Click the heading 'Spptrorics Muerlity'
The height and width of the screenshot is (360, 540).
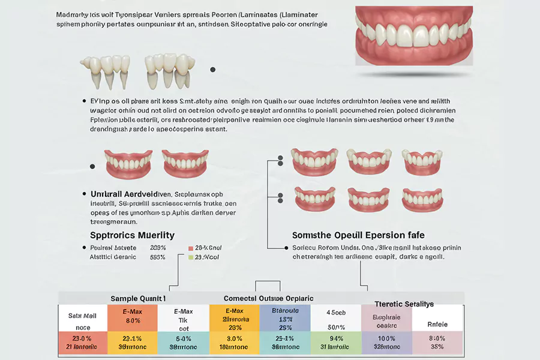(132, 235)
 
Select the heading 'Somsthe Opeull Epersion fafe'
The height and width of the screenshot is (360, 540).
(358, 235)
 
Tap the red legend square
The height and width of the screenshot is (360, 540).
(190, 248)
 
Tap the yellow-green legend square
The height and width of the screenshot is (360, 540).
(190, 257)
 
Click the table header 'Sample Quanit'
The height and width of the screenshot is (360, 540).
(138, 298)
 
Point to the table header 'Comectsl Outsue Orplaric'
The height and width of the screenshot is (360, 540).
(268, 298)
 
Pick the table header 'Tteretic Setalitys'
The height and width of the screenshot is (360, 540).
(404, 304)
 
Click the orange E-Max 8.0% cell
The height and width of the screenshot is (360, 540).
(132, 316)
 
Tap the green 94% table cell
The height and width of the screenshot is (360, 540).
(336, 342)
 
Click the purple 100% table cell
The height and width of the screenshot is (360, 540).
(386, 342)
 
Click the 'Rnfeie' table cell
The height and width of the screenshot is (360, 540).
(437, 324)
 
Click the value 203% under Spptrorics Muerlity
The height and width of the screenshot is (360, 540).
(158, 248)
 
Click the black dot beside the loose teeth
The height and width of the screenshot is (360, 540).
(213, 70)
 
